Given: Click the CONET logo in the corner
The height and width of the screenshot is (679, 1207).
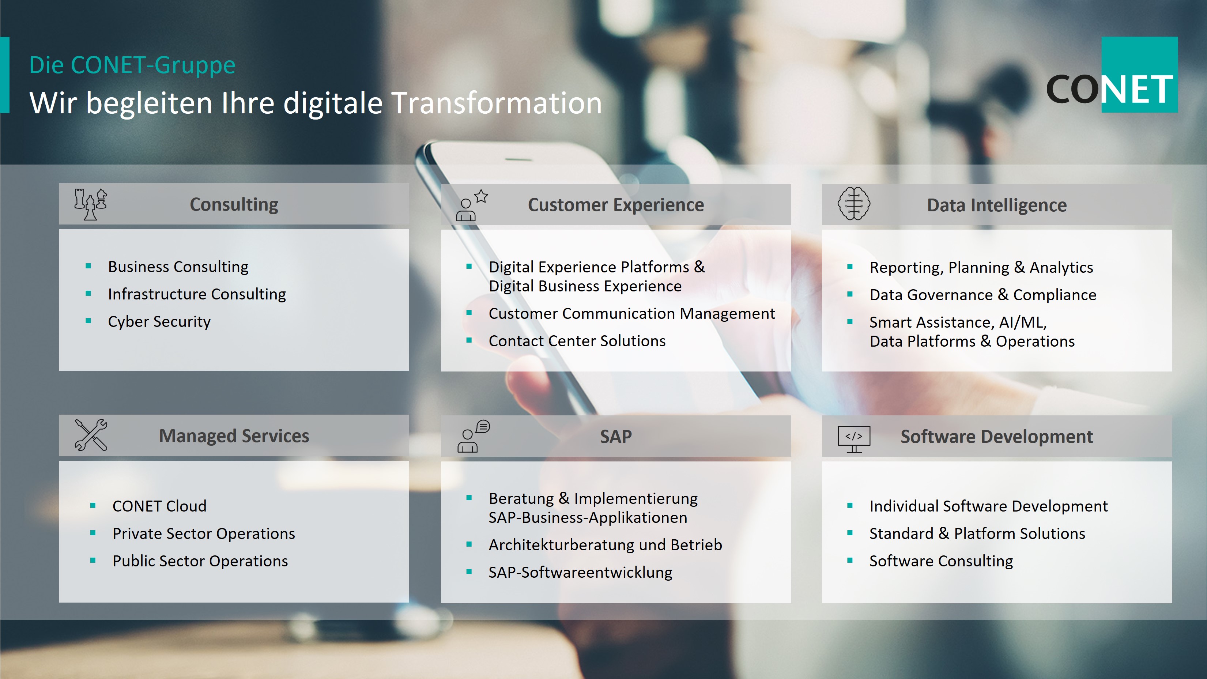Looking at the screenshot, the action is point(1112,75).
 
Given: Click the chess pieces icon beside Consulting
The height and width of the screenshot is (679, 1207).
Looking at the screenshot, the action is point(90,204).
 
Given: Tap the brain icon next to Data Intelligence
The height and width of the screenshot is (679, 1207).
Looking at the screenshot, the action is point(854,203).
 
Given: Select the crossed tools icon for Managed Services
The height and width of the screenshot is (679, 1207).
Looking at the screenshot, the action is point(91,435).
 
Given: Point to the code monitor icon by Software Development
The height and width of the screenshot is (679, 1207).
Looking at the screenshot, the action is point(854,439).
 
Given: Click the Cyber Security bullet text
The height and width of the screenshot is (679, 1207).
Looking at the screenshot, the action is point(159,321).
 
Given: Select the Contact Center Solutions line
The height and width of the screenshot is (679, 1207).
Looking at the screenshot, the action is point(577,341).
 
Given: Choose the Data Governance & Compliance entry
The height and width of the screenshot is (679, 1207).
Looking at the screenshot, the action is point(983,295).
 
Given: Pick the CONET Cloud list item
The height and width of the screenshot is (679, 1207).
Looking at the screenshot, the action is point(159,506).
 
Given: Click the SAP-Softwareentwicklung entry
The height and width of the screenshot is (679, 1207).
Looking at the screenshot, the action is point(580,572).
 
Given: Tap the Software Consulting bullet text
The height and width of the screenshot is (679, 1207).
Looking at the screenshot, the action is point(941,561).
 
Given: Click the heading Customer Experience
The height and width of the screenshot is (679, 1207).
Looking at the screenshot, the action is point(616,205).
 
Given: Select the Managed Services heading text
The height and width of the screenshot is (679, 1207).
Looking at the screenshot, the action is point(234,436).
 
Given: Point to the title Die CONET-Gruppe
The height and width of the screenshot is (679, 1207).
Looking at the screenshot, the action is point(132,65).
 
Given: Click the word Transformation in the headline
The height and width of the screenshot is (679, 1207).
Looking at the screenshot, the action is point(497,103).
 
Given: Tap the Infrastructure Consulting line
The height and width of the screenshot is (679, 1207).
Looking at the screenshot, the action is point(197,294).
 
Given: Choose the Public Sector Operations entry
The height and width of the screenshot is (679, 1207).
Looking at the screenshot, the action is point(200,561).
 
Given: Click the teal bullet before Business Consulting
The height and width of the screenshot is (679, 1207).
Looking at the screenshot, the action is point(88,266).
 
